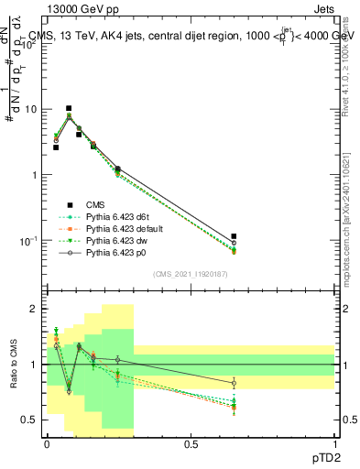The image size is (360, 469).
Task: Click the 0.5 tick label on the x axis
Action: tap(190, 443)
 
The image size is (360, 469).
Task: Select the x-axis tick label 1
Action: tap(334, 443)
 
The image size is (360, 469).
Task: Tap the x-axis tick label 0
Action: tap(46, 443)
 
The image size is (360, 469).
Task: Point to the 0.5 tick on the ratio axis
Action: tap(29, 420)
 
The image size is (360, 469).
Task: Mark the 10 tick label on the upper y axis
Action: tap(30, 109)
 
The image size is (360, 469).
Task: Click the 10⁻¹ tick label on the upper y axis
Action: tap(28, 240)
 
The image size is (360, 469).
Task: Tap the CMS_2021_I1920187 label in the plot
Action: tap(190, 274)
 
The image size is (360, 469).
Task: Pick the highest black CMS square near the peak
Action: tap(69, 108)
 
